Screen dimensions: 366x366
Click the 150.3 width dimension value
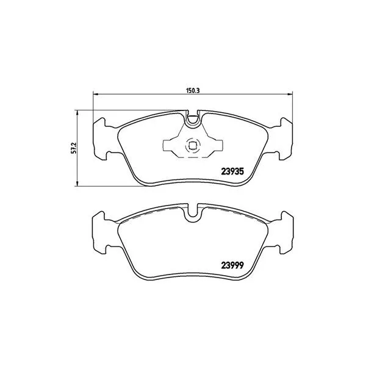192,90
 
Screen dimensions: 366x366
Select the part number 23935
232,171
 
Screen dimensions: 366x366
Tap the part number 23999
232,265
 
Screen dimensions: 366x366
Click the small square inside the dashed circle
192,146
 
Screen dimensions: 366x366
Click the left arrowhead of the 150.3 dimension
95,94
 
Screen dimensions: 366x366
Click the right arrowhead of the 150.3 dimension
290,94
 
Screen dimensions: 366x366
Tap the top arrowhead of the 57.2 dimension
77,112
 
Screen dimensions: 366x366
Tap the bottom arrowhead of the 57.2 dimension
77,184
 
